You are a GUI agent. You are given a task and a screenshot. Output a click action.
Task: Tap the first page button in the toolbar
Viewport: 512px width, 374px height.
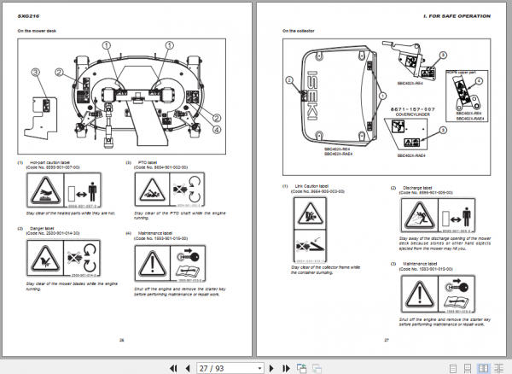pos(174,367)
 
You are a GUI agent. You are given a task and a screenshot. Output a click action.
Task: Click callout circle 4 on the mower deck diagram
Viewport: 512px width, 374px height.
pos(217,129)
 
